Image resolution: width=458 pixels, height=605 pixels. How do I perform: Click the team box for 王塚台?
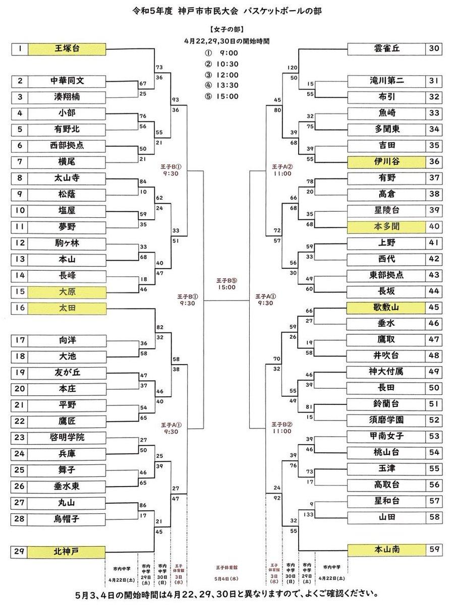coord(67,49)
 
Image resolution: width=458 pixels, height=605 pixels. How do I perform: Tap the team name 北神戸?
coord(67,551)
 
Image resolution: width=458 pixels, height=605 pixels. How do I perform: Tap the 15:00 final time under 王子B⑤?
coord(227,287)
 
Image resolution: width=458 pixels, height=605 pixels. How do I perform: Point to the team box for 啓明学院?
coord(67,437)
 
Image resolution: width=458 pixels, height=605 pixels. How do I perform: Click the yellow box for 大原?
coord(67,291)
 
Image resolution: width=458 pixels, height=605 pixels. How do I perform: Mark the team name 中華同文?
coord(67,81)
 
